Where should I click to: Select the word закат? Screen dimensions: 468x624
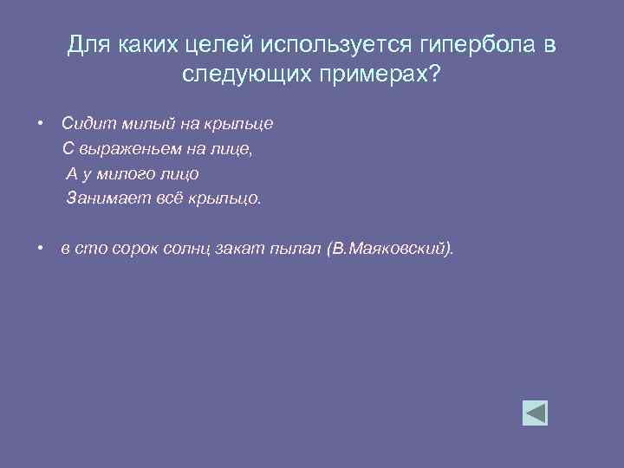231,250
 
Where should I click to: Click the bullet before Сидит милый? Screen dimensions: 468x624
41,123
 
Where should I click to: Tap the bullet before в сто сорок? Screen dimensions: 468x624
41,250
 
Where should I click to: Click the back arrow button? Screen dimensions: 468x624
535,413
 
